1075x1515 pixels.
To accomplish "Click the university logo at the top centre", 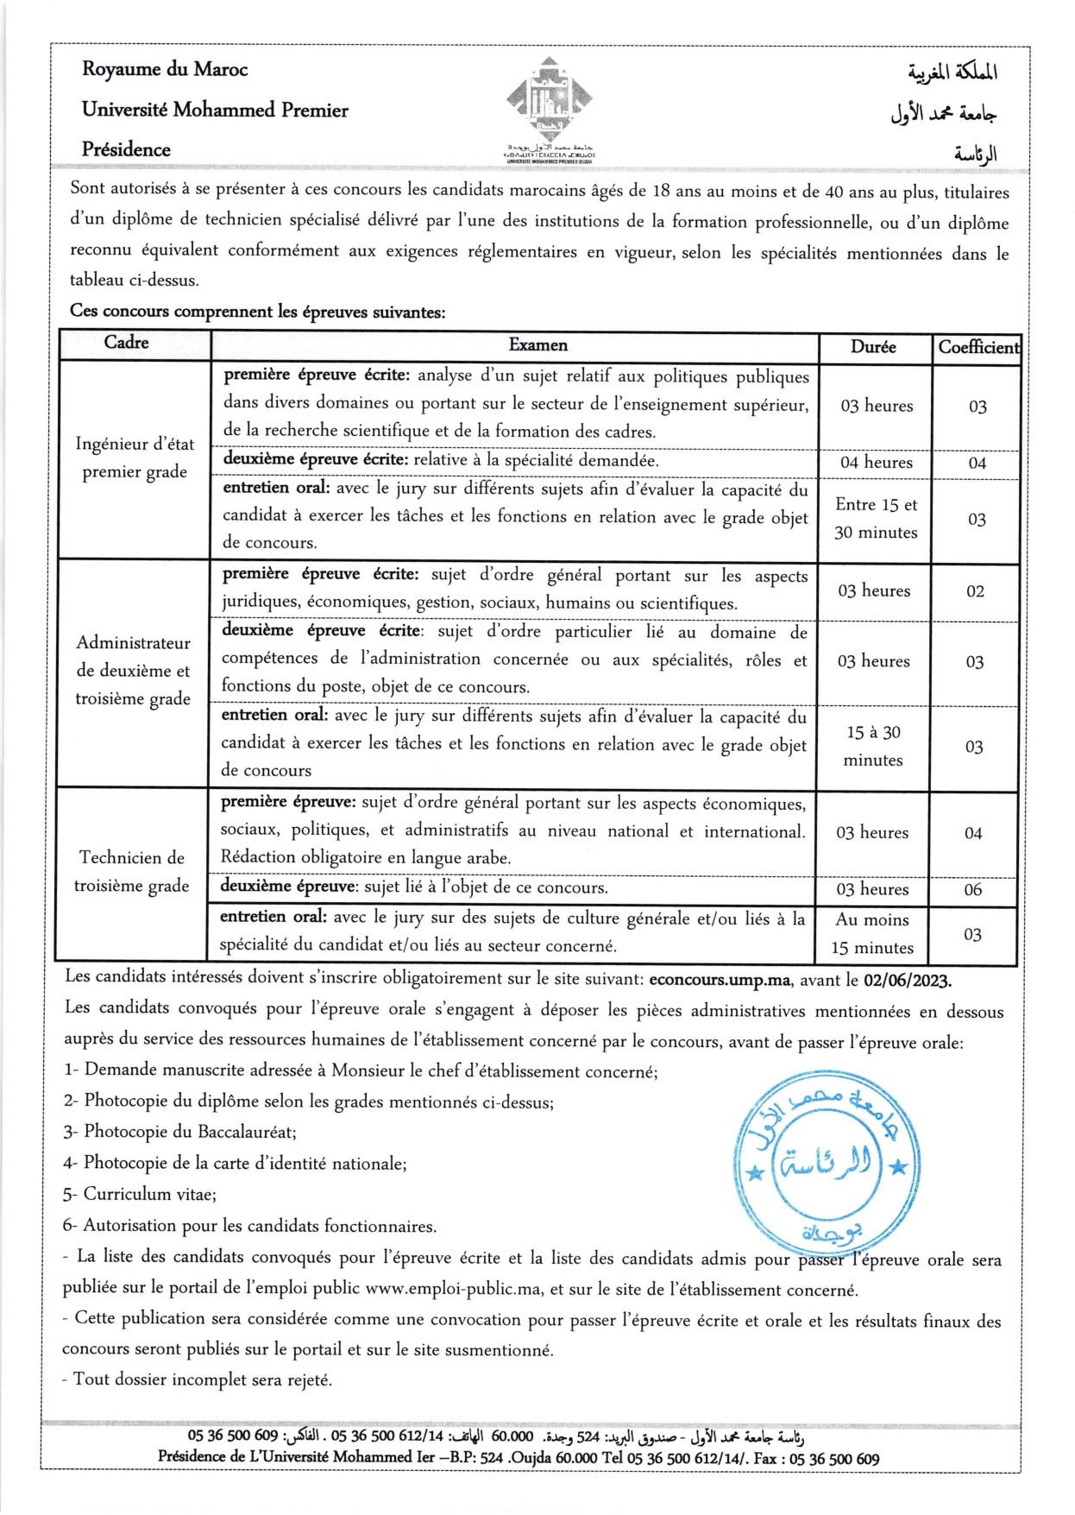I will tap(549, 104).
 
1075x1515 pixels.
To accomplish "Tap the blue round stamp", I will tap(826, 1162).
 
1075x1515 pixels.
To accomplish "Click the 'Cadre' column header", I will tap(126, 343).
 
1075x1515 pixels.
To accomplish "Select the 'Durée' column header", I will tap(873, 347).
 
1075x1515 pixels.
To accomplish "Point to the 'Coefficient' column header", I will tap(978, 347).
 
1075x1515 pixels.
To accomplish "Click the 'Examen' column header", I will tap(538, 345).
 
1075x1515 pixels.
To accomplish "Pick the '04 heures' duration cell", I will tap(877, 463).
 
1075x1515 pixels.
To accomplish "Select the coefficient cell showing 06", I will tap(973, 890).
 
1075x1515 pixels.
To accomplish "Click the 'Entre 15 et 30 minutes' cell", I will tap(876, 519).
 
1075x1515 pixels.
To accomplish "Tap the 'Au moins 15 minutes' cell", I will tap(872, 933).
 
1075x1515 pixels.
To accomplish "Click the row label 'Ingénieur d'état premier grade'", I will tap(135, 458).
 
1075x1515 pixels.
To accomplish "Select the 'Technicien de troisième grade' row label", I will tap(132, 871).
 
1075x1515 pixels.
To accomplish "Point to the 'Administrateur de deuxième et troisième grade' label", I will tap(133, 670).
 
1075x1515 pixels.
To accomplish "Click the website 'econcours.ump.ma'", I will tap(720, 980).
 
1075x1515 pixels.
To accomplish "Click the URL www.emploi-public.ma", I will tap(454, 1289).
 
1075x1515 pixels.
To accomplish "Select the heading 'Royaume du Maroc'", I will tap(165, 69).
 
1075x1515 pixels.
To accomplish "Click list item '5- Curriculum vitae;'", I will tap(140, 1195).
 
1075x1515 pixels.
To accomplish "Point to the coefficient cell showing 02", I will tap(975, 591).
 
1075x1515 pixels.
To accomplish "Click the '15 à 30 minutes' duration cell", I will tap(873, 746).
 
